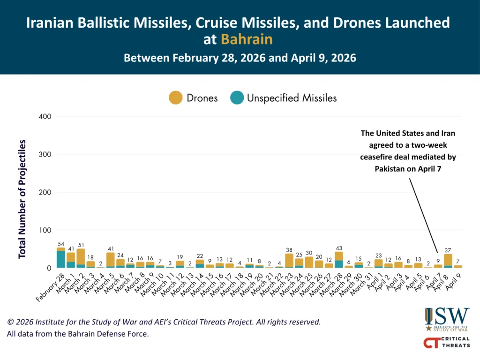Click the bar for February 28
tap(61, 258)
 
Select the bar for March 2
tap(81, 258)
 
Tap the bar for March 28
tap(339, 260)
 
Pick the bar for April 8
tap(448, 261)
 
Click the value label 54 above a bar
tap(61, 244)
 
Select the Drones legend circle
tap(175, 98)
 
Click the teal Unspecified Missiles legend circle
tap(237, 98)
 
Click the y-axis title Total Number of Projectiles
tap(22, 199)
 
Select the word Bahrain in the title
tap(247, 39)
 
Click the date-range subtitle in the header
tap(240, 59)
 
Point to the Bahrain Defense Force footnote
tap(77, 334)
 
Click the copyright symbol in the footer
tap(10, 322)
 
